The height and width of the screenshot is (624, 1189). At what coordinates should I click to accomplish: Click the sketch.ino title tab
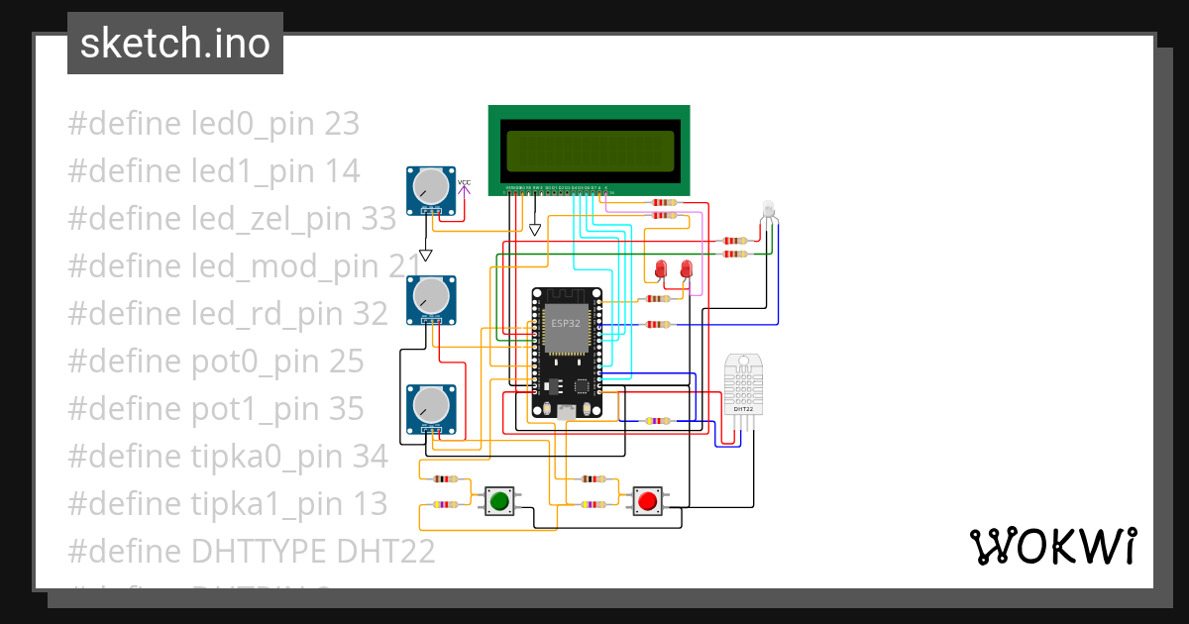175,44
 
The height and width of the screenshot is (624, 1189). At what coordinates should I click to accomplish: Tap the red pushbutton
648,500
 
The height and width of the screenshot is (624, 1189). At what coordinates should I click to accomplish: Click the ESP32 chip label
567,324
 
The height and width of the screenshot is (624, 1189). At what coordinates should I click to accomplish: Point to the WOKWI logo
1052,546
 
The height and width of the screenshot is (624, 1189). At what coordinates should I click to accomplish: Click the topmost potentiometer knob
432,185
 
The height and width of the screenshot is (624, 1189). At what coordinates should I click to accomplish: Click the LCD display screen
590,150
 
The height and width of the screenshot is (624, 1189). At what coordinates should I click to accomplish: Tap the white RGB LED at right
769,209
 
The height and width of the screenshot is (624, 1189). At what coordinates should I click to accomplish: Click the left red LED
662,267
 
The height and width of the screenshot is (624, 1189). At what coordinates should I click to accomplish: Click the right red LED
686,267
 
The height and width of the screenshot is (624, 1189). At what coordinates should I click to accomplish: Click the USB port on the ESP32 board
566,411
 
